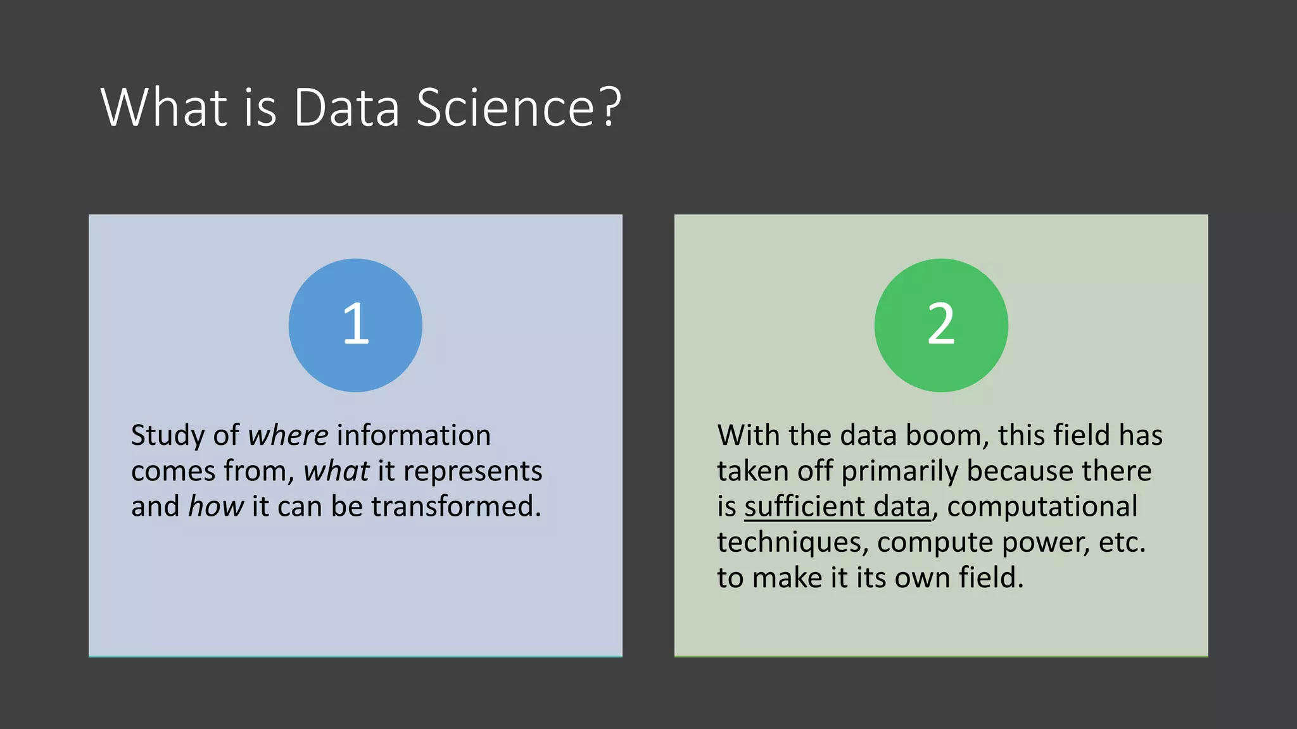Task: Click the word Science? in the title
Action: (519, 108)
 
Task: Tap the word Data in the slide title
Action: (346, 108)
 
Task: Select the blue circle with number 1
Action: (355, 325)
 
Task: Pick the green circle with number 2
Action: (941, 325)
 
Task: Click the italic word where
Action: (288, 435)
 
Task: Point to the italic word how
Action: (216, 506)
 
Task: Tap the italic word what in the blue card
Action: (336, 471)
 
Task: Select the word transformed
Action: (456, 506)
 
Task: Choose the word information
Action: (414, 435)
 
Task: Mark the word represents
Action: (472, 471)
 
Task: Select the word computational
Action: (1042, 506)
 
